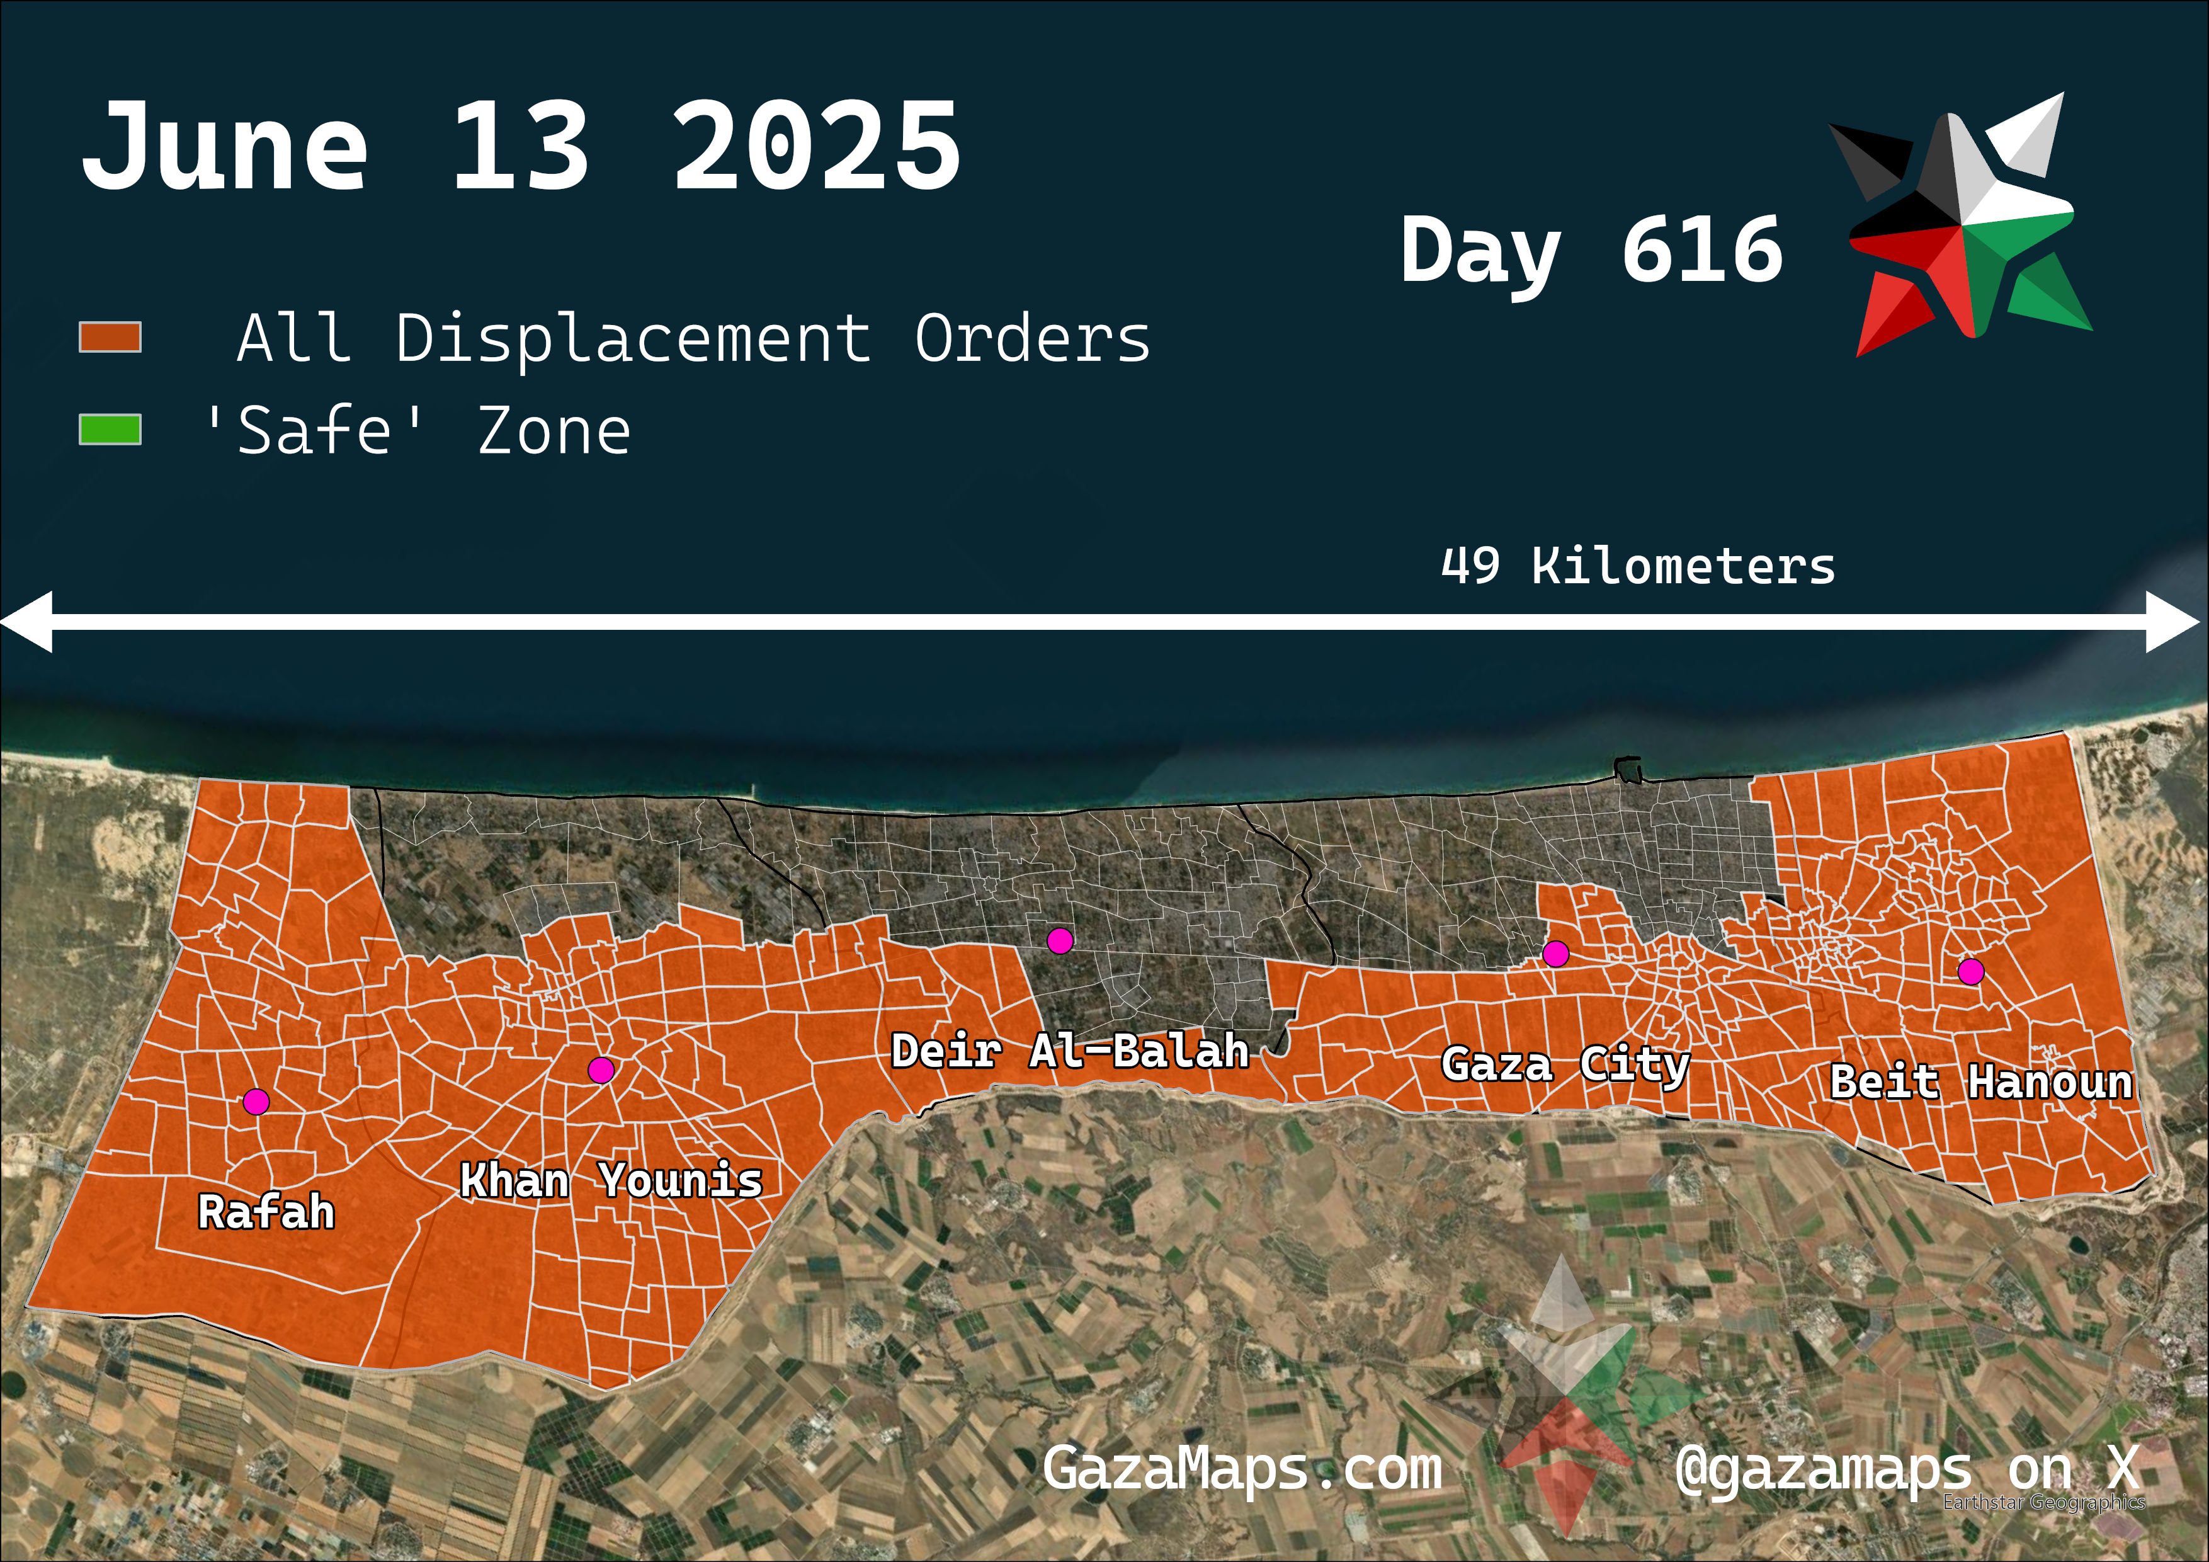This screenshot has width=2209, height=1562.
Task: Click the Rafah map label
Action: (x=266, y=1212)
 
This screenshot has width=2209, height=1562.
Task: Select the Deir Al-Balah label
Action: (x=1070, y=1051)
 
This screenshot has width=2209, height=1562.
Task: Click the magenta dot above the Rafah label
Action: (x=256, y=1101)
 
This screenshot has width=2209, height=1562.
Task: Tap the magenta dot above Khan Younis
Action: (x=601, y=1069)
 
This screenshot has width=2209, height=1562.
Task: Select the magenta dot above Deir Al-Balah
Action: (x=1060, y=940)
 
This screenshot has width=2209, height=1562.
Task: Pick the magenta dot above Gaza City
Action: (x=1556, y=954)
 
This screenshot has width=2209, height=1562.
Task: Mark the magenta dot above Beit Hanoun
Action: (x=1972, y=972)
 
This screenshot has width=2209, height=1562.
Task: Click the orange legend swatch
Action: (x=110, y=338)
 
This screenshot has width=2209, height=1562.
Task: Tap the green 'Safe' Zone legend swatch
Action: (x=110, y=430)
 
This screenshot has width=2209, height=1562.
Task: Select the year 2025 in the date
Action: (x=816, y=147)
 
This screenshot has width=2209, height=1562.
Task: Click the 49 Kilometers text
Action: (x=1637, y=566)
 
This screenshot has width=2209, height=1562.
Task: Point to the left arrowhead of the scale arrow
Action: (x=27, y=623)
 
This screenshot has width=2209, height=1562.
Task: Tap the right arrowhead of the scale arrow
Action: (x=2174, y=623)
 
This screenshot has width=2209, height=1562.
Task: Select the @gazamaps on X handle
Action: (x=1906, y=1469)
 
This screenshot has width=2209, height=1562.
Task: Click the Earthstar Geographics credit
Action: (x=2043, y=1502)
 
